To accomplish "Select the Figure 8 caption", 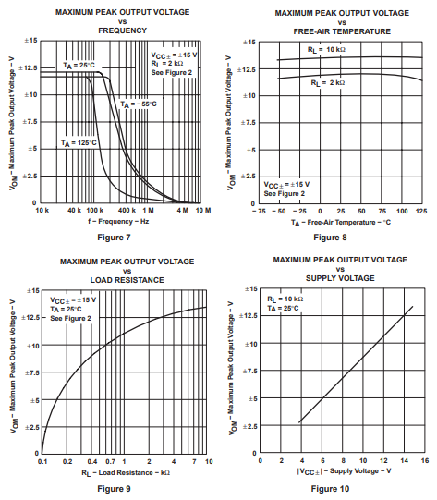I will click(330, 238).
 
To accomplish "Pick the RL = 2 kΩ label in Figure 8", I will click(329, 83).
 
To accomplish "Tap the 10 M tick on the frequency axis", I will click(203, 212).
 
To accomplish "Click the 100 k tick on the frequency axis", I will click(95, 212).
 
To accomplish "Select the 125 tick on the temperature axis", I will click(420, 212).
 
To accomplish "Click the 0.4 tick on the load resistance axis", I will click(92, 461).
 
